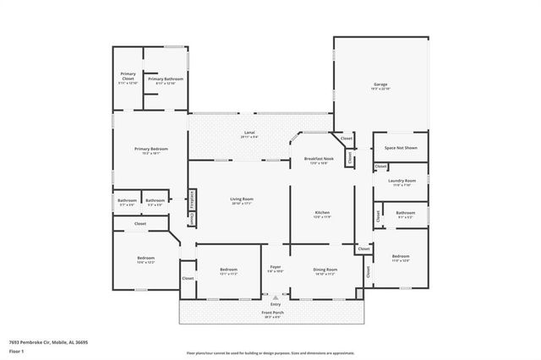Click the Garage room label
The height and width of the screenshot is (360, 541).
[x=380, y=85]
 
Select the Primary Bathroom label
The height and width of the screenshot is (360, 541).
[x=166, y=79]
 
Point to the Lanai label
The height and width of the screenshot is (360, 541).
[x=249, y=134]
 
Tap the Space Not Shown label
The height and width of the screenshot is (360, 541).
[x=400, y=147]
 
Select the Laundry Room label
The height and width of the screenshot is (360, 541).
[x=402, y=181]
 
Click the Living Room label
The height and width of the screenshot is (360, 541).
[x=242, y=200]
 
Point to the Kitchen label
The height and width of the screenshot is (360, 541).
[x=322, y=213]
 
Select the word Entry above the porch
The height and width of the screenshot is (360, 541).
[x=275, y=303]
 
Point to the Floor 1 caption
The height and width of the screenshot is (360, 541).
[x=17, y=351]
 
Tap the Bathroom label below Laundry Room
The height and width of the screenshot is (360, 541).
[x=405, y=214]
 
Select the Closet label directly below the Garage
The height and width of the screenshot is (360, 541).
[x=347, y=139]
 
